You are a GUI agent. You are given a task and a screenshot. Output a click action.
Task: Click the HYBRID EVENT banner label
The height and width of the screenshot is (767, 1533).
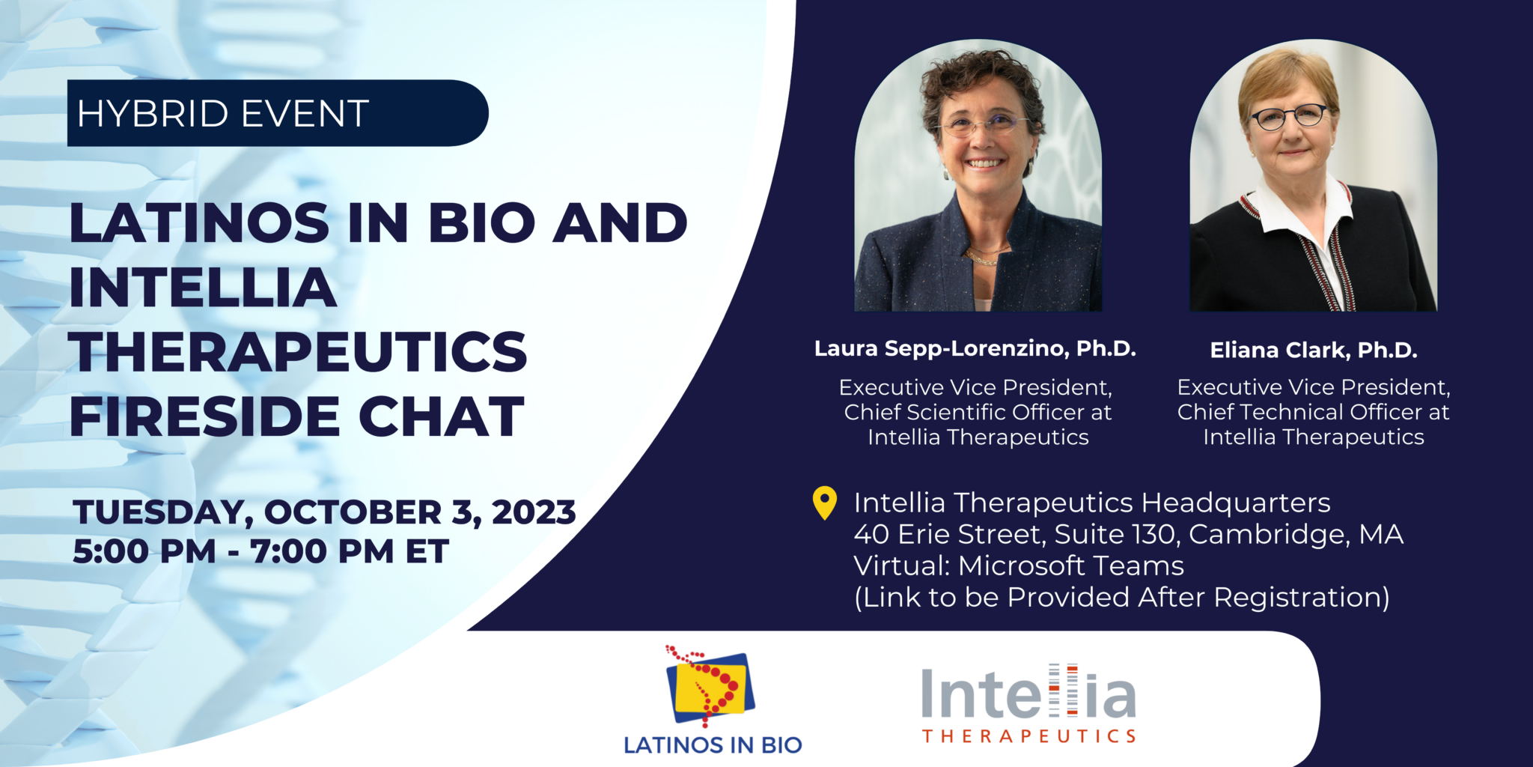[x=223, y=114]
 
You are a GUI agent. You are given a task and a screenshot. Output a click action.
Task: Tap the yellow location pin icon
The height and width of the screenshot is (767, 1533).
[x=824, y=502]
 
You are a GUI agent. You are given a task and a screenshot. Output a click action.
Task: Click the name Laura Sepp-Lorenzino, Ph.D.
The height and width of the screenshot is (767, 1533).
[x=975, y=348]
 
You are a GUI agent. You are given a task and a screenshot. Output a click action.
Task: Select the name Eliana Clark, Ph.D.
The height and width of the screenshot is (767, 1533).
[x=1314, y=350]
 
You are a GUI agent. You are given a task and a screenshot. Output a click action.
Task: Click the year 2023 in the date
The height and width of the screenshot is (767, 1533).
[x=534, y=512]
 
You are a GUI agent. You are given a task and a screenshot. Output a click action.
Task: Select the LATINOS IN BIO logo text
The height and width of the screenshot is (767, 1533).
[x=713, y=745]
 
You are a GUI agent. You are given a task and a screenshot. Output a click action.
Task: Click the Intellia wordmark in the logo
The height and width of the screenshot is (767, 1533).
[x=1028, y=694]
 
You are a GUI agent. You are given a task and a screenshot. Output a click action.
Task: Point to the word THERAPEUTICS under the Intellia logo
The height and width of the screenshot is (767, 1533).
[x=1028, y=736]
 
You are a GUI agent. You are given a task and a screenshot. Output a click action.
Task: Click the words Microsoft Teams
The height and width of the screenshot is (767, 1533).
[x=1071, y=566]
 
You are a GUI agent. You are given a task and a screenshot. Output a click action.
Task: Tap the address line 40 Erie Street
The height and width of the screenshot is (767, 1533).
[x=950, y=534]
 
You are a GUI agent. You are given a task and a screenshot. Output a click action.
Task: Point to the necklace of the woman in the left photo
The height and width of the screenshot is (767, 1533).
[x=981, y=257]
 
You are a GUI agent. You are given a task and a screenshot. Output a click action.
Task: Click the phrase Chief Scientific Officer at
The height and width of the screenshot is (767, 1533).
[x=978, y=412]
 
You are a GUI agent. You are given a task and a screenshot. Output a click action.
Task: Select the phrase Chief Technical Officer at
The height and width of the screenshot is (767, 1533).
[x=1313, y=412]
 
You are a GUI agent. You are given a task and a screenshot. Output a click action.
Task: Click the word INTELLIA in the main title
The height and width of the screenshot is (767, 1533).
[x=203, y=288]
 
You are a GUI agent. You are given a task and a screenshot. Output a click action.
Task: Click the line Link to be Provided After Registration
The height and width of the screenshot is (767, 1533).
[x=1121, y=597]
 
